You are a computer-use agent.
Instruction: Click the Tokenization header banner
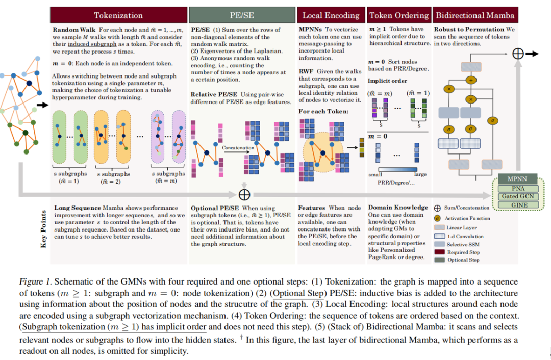click(x=118, y=15)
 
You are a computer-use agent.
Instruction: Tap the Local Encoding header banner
click(x=331, y=15)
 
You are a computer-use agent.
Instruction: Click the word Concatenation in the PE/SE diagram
click(x=238, y=147)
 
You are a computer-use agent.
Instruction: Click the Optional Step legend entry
click(x=463, y=260)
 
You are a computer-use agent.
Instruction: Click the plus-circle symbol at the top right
click(x=517, y=54)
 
